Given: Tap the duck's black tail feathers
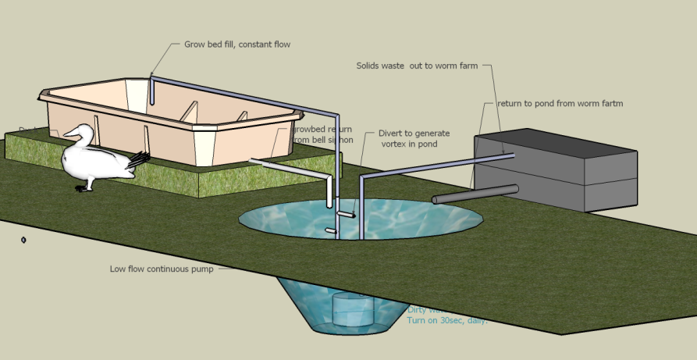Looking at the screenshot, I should point(139,159).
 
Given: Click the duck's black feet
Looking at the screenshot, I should point(84,188).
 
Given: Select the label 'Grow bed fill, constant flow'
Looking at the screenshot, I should point(237,45).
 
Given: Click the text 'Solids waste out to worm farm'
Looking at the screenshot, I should point(417,66).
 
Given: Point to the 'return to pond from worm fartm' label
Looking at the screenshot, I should point(560,103).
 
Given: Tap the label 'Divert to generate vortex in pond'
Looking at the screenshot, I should point(414,138).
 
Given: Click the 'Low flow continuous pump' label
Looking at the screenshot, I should point(161,269).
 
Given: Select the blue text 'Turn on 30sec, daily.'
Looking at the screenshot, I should point(446,320).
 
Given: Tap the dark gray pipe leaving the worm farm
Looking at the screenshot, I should point(475,194).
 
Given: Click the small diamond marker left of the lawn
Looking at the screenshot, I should point(24,240).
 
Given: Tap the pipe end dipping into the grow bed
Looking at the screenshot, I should point(152,98).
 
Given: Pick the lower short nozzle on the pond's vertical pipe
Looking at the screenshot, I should point(331,231).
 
